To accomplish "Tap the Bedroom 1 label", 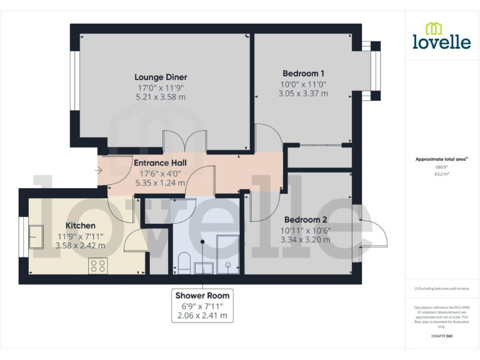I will (x=302, y=73).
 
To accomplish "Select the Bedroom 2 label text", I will (x=306, y=220).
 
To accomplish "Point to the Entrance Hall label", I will (x=160, y=163).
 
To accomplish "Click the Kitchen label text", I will (x=81, y=226).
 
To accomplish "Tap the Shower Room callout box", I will (x=202, y=306).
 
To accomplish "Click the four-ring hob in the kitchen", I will (x=97, y=266).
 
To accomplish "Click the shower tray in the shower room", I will (x=227, y=254).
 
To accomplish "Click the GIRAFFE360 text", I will (x=441, y=336).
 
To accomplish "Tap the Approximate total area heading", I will (x=441, y=159).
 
